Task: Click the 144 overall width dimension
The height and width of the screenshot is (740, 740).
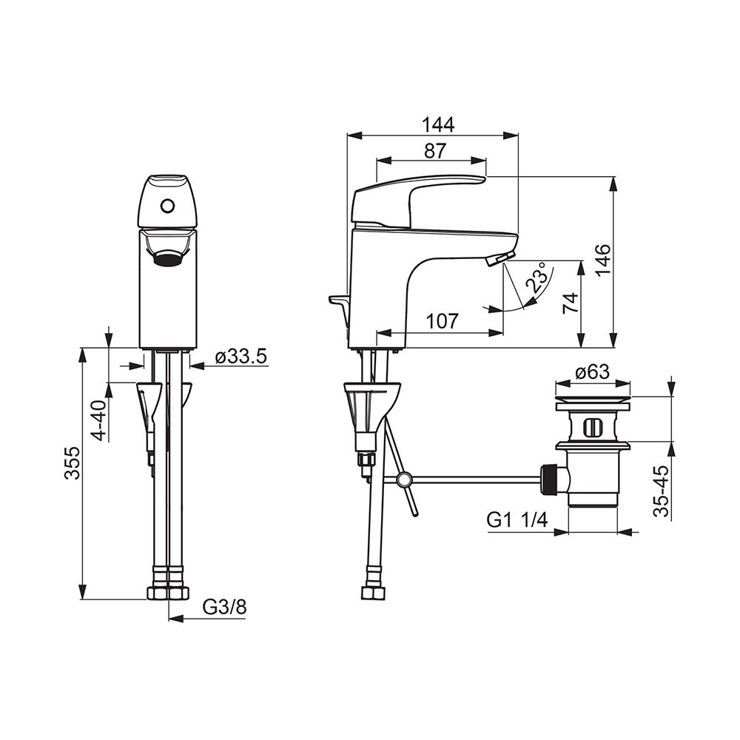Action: [x=437, y=124]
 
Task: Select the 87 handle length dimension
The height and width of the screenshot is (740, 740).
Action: [x=434, y=150]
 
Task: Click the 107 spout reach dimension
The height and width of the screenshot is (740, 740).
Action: [x=443, y=321]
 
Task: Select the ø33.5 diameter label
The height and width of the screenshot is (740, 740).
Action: [x=241, y=357]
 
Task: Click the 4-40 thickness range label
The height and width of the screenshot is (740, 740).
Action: [x=100, y=420]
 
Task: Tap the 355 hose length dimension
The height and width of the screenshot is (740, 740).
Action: [x=73, y=463]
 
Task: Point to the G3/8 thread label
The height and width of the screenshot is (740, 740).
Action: [x=225, y=607]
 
